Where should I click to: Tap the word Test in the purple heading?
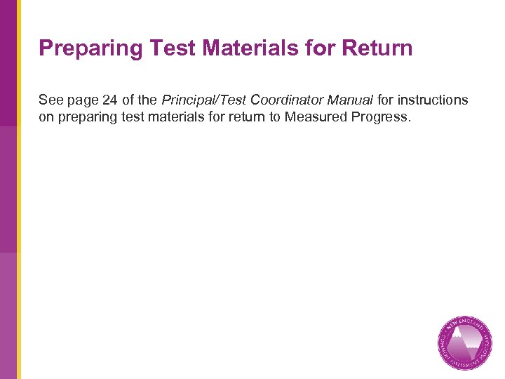163,48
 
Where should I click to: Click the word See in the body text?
50,100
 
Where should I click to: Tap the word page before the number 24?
83,100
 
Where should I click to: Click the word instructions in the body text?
435,100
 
